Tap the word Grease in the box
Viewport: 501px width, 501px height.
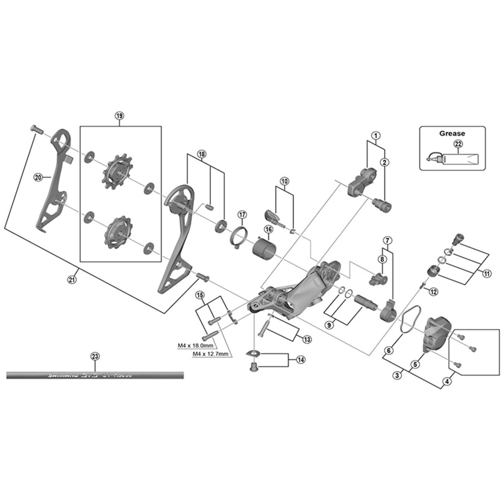(452, 134)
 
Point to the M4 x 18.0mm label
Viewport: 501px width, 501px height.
(195, 346)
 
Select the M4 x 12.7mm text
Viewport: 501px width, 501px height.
(210, 353)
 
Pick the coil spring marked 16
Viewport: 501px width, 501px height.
(265, 249)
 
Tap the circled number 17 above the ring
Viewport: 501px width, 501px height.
(242, 215)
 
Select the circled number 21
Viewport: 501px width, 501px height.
(72, 280)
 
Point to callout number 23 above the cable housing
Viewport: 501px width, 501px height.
(95, 356)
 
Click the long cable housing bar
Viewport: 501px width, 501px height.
(95, 375)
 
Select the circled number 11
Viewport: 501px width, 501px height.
(487, 274)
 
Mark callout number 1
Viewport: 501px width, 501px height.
(376, 135)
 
